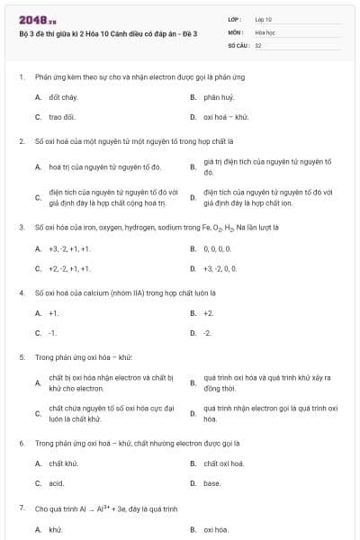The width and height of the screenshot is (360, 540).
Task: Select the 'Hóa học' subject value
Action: pos(265,31)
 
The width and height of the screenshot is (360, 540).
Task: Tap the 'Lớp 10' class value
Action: pos(264,19)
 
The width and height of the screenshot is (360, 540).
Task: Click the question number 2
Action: pos(21,141)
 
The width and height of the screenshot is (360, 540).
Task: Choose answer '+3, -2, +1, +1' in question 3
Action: pos(69,247)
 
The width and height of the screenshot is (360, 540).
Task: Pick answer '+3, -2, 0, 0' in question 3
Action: pos(220,268)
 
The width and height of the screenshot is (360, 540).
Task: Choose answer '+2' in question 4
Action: pos(209,312)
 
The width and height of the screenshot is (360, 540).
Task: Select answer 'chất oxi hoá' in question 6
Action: pos(224,463)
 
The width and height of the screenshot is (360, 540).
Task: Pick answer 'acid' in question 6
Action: pos(57,483)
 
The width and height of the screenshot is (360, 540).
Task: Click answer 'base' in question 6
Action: pos(212,483)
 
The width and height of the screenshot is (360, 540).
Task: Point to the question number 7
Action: pos(21,508)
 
